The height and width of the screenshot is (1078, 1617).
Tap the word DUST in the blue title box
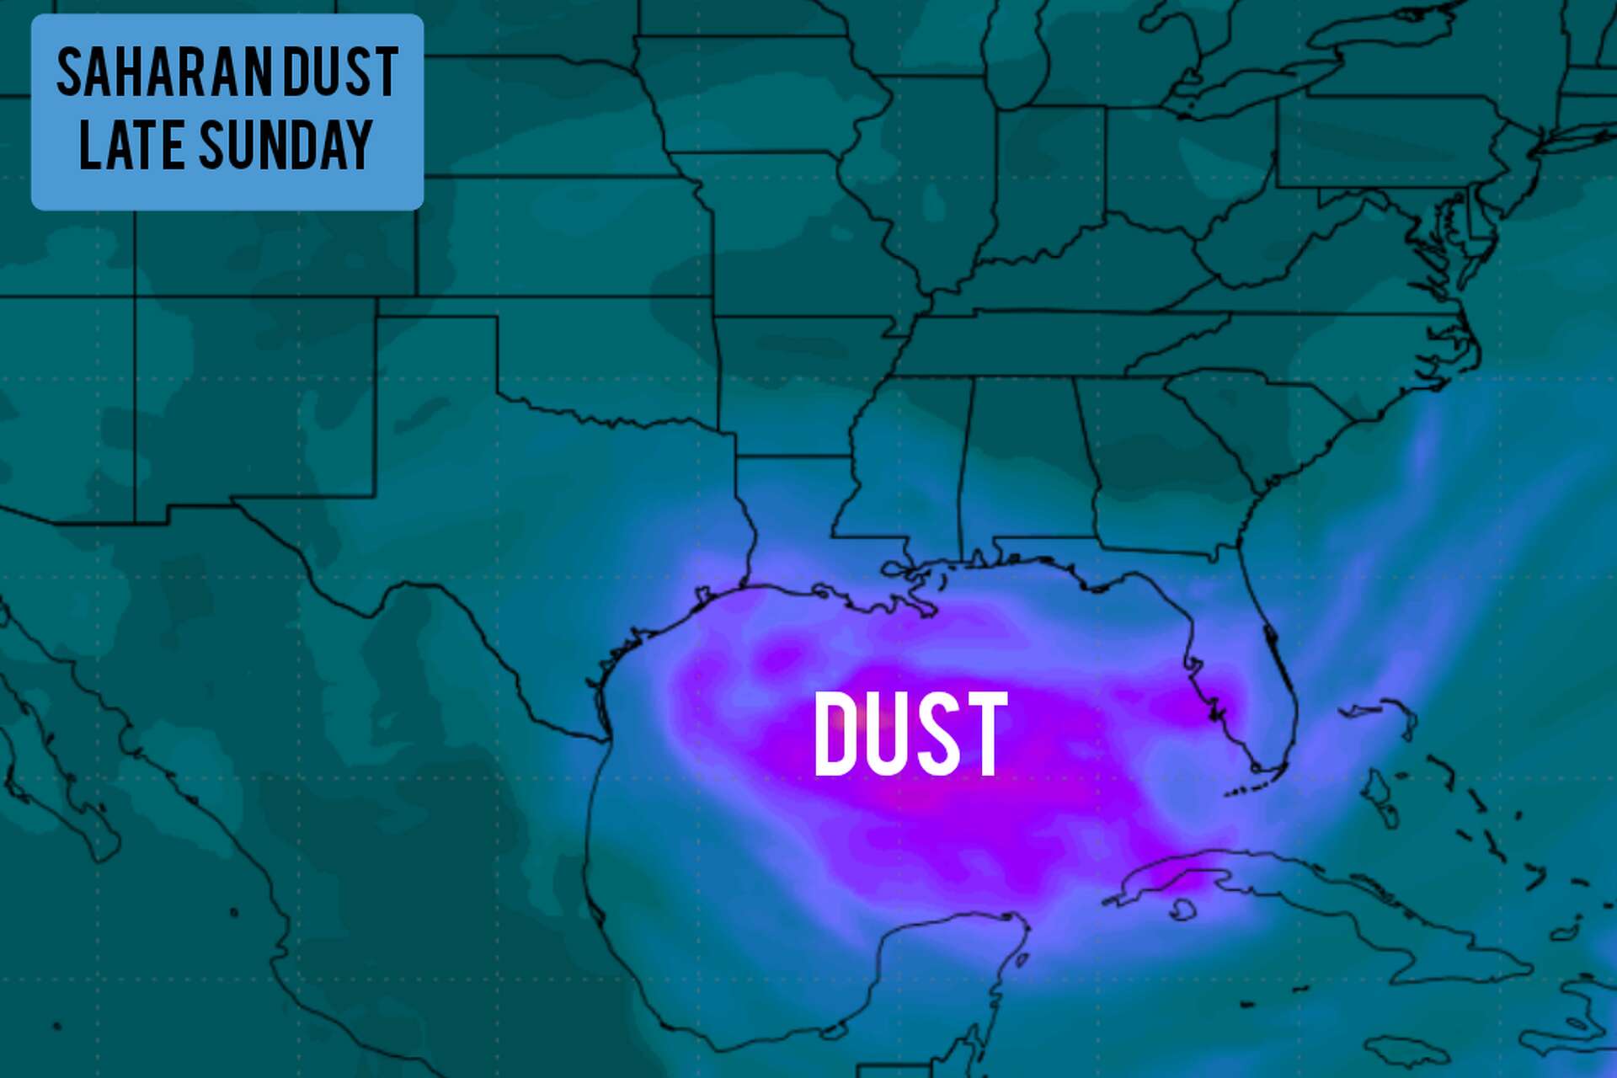point(340,73)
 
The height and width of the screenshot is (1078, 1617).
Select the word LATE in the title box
point(131,145)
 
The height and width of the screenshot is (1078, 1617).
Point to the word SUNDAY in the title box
point(286,145)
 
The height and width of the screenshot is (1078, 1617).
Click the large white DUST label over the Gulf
point(910,734)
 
